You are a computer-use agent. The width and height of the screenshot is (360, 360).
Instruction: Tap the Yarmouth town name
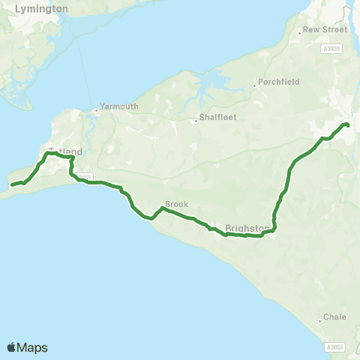(119, 106)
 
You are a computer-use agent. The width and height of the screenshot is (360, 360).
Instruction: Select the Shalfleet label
(217, 118)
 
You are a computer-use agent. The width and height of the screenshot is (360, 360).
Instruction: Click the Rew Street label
(325, 31)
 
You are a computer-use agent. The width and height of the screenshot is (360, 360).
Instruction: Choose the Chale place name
(334, 317)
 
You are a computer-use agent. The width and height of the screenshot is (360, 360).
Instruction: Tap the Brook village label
(176, 204)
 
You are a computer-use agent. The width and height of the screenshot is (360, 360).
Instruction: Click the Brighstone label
(247, 228)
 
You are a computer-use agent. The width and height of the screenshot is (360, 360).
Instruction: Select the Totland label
(66, 152)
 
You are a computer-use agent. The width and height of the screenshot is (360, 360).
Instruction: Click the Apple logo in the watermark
(12, 347)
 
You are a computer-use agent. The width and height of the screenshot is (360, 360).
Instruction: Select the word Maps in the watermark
(33, 347)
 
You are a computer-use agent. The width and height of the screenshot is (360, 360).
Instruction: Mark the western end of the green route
(12, 184)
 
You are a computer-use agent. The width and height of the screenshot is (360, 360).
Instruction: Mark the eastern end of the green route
(347, 124)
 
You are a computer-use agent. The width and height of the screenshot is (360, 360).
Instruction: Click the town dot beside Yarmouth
(96, 112)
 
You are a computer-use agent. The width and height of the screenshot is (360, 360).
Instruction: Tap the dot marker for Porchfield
(254, 86)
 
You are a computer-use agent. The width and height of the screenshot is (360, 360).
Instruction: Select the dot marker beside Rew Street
(299, 31)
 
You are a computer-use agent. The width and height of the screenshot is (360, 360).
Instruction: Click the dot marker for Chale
(320, 321)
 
